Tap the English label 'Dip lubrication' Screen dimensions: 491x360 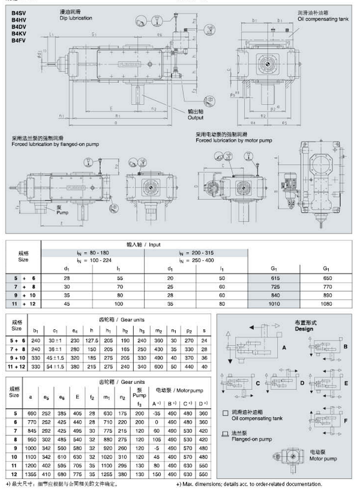point(76,19)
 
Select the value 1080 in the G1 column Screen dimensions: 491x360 point(327,304)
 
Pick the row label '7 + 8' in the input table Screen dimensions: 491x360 point(23,288)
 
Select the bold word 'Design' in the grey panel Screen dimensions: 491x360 point(304,329)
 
